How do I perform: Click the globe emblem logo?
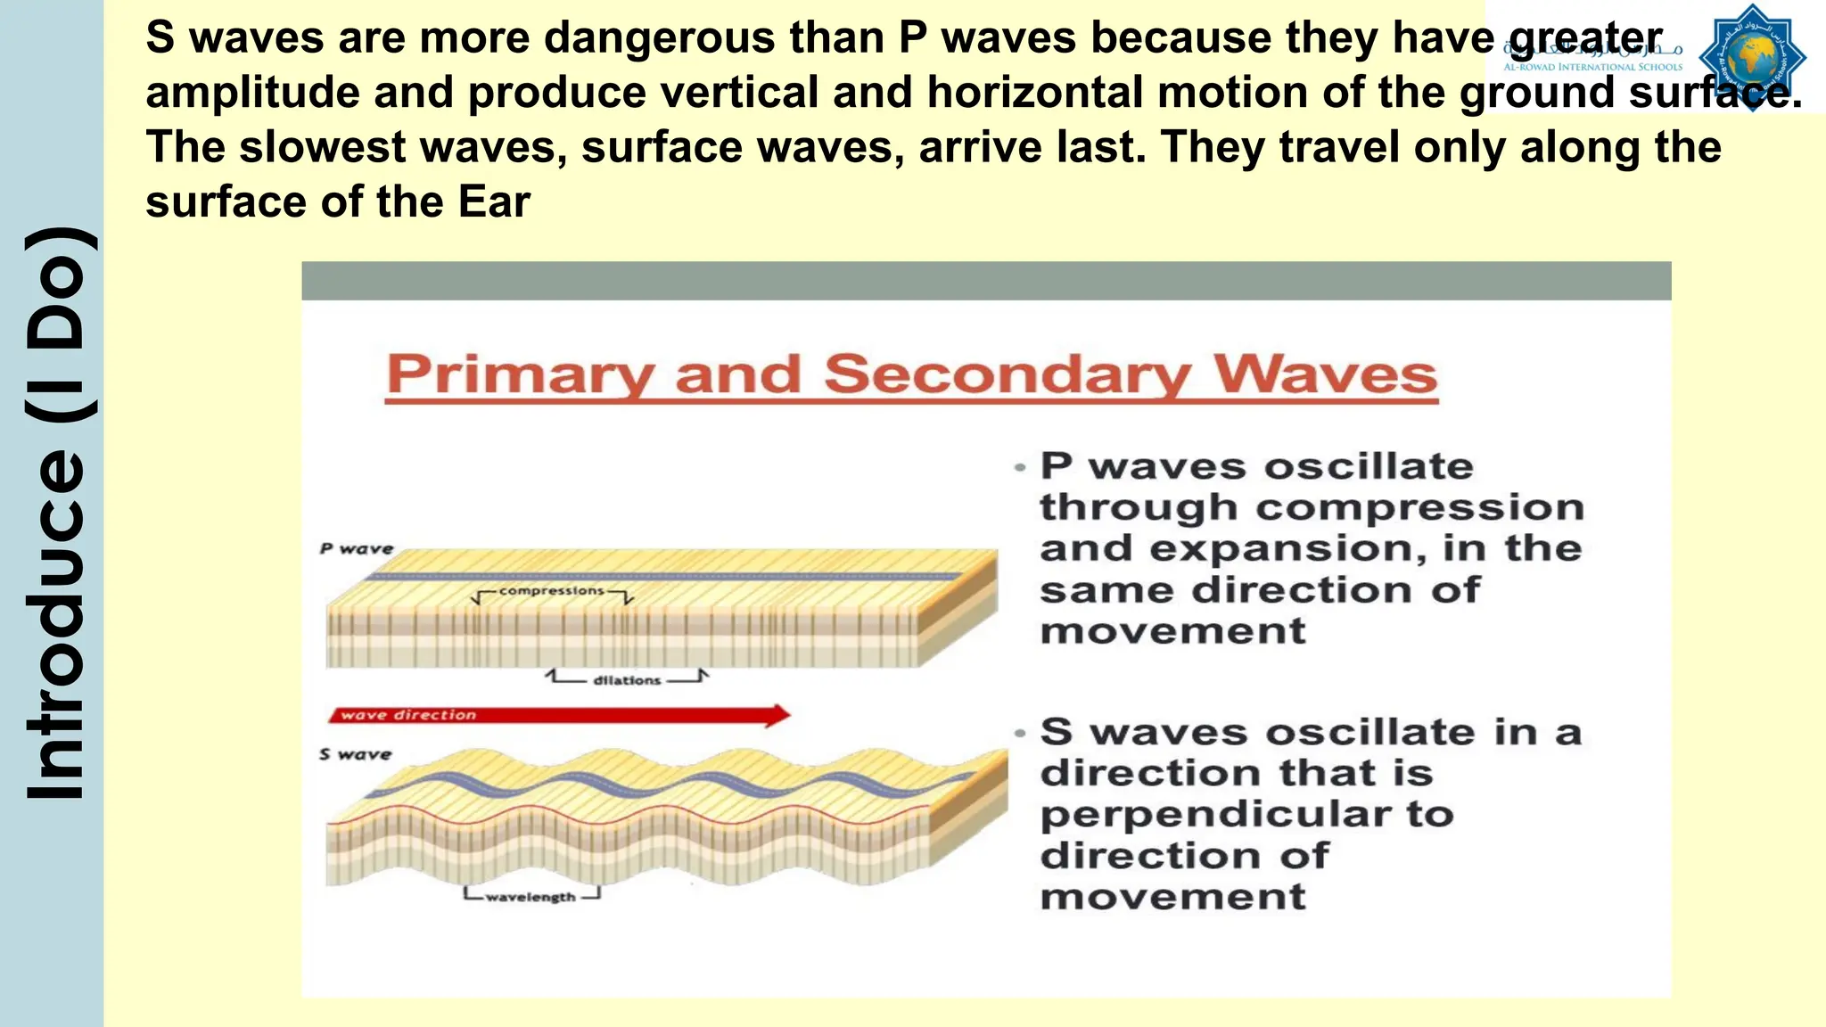pyautogui.click(x=1752, y=57)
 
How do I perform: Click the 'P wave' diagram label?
pyautogui.click(x=357, y=549)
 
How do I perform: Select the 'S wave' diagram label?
pyautogui.click(x=356, y=754)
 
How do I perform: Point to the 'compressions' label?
pyautogui.click(x=551, y=591)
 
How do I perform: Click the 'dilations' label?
pyautogui.click(x=627, y=680)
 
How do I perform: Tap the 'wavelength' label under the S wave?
pyautogui.click(x=531, y=897)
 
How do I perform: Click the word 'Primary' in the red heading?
pyautogui.click(x=520, y=374)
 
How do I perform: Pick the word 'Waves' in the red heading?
pyautogui.click(x=1325, y=374)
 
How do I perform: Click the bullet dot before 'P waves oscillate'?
pyautogui.click(x=1020, y=467)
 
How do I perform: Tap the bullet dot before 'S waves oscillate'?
pyautogui.click(x=1020, y=733)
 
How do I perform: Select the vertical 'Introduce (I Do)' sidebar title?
pyautogui.click(x=55, y=513)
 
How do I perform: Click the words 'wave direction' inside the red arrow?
pyautogui.click(x=408, y=715)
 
